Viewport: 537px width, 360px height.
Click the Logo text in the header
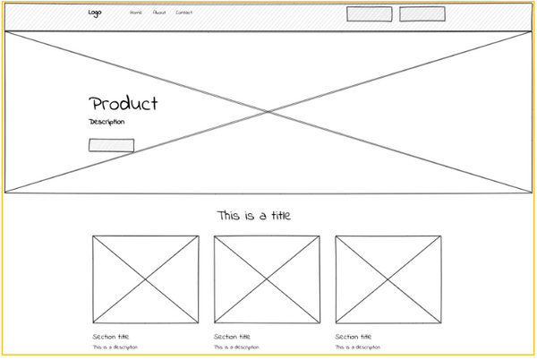(x=95, y=13)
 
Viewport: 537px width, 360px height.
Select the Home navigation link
(x=136, y=13)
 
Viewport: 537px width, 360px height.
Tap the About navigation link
(x=159, y=13)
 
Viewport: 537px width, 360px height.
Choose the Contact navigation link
(x=184, y=13)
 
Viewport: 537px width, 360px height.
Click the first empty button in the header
(x=370, y=13)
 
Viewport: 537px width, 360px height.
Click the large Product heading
(x=124, y=104)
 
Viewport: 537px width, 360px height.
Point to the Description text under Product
(x=107, y=122)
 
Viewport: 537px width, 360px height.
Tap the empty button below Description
(x=111, y=145)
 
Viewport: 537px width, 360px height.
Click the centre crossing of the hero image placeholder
(x=268, y=111)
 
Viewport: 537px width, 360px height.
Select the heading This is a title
(x=253, y=216)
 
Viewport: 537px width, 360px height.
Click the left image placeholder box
(x=145, y=279)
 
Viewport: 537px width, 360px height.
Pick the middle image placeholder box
(x=267, y=279)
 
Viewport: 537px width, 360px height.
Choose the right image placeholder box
(x=388, y=279)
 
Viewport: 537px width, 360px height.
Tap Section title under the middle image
(x=233, y=337)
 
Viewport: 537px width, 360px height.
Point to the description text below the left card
(x=115, y=347)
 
